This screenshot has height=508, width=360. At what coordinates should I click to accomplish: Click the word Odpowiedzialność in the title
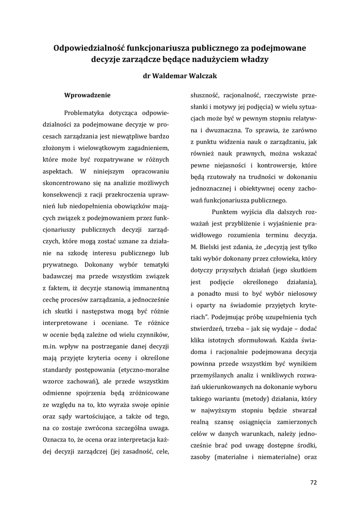pyautogui.click(x=89, y=48)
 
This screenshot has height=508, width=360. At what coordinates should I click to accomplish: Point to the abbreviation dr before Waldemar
pyautogui.click(x=146, y=76)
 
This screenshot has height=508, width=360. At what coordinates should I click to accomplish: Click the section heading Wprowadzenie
pyautogui.click(x=87, y=95)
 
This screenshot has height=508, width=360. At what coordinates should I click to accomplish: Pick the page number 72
pyautogui.click(x=313, y=482)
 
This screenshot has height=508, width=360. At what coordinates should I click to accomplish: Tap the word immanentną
pyautogui.click(x=149, y=287)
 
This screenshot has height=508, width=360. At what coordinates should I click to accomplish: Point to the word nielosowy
pyautogui.click(x=299, y=293)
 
